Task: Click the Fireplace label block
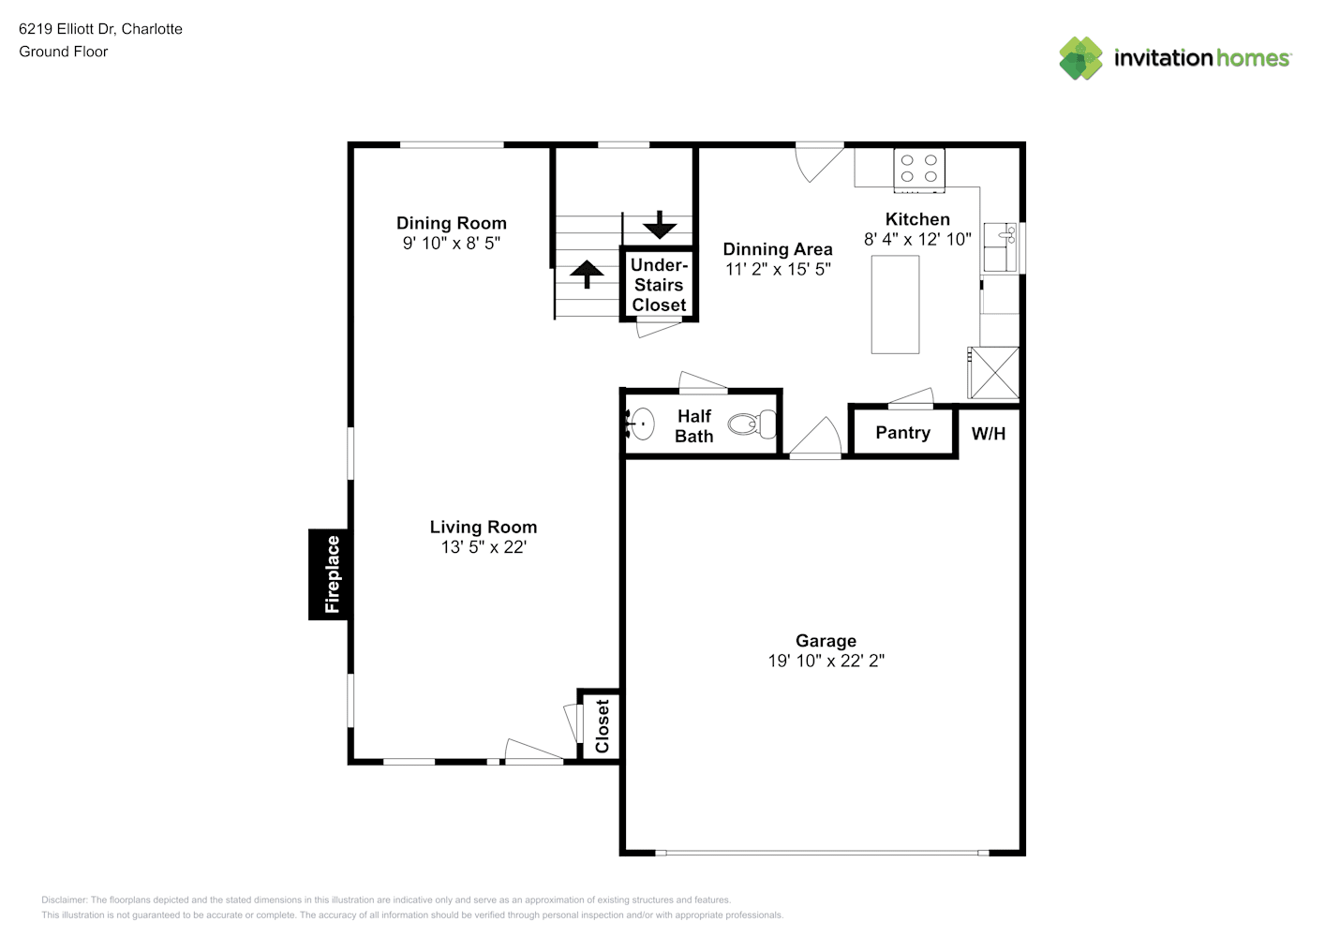(x=330, y=574)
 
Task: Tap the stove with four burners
(x=918, y=171)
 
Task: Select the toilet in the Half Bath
(x=752, y=424)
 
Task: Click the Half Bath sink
(x=641, y=424)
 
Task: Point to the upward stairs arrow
(x=587, y=275)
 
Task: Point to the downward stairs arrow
(x=660, y=225)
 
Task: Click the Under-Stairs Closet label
(x=659, y=285)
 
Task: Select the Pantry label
(x=902, y=432)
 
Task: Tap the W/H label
(x=988, y=434)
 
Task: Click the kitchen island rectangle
(x=895, y=305)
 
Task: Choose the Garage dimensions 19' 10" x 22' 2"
(x=826, y=661)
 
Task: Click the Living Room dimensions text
(x=484, y=547)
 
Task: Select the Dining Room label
(x=452, y=223)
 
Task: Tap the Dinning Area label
(x=777, y=249)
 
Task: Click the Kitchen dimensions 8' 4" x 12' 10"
(x=917, y=239)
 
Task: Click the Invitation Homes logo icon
(x=1080, y=58)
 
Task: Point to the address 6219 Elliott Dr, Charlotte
(x=100, y=29)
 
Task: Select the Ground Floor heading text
(x=64, y=52)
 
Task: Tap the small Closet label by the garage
(x=603, y=726)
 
